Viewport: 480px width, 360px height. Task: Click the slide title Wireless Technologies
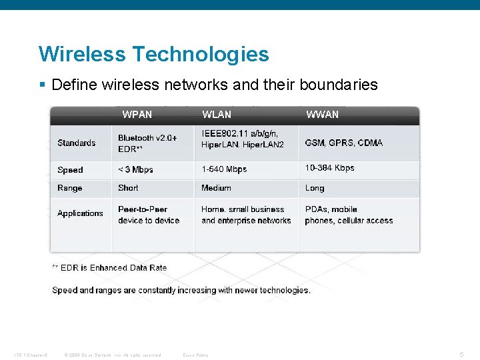pos(153,54)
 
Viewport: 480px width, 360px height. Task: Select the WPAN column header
pos(137,115)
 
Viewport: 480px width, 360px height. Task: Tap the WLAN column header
pos(217,115)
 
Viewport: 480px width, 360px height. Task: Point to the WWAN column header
pos(322,115)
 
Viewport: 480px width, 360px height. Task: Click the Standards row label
pos(76,143)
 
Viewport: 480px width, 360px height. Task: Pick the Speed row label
pos(70,169)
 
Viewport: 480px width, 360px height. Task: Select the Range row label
pos(69,188)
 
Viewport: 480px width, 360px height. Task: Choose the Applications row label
pos(80,213)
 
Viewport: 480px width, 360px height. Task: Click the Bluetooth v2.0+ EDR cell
pos(147,143)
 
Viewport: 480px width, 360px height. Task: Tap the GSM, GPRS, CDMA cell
pos(344,143)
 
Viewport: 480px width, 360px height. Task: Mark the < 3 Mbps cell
pos(135,169)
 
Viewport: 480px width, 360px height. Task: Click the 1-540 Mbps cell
pos(224,169)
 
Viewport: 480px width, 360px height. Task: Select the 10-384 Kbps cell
pos(329,168)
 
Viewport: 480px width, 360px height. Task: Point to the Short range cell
pos(128,188)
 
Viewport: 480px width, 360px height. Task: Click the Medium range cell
pos(216,188)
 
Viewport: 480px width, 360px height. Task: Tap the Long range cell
pos(315,188)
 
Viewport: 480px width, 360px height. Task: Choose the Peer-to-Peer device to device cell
pos(149,215)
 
